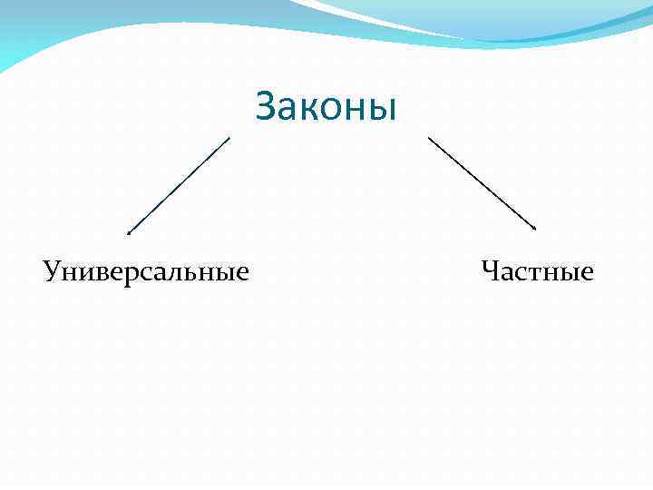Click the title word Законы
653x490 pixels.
(x=326, y=106)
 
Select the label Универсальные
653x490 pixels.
(x=146, y=271)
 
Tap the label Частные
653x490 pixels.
(x=538, y=271)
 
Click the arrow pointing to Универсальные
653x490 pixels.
(x=179, y=185)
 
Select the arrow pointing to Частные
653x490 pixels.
(x=482, y=183)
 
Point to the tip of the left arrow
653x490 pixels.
(x=129, y=232)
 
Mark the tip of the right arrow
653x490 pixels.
(x=536, y=230)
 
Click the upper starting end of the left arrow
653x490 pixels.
(x=229, y=138)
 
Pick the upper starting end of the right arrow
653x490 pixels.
(x=428, y=138)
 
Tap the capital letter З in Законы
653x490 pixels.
(x=267, y=106)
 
